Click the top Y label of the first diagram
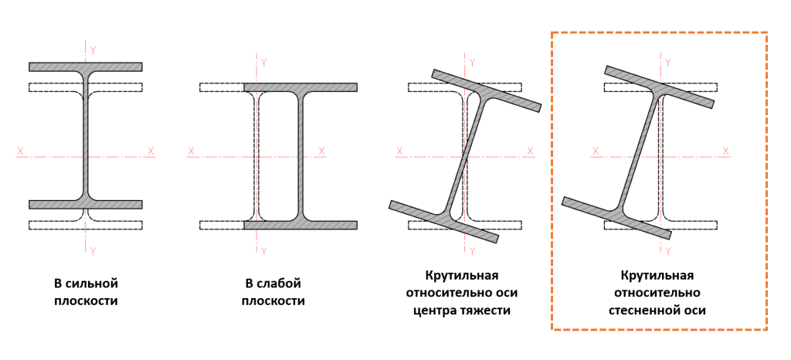click(93, 50)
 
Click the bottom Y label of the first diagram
click(93, 251)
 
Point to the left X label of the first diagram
click(21, 151)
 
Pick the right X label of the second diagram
click(321, 151)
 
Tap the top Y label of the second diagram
click(263, 62)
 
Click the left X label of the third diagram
click(399, 151)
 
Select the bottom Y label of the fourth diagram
click(668, 251)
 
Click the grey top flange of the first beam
click(86, 67)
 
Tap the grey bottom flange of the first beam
click(86, 205)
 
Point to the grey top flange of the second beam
click(300, 87)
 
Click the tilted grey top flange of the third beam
click(487, 90)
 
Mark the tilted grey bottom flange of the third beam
click(443, 222)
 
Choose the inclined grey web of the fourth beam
click(641, 151)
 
